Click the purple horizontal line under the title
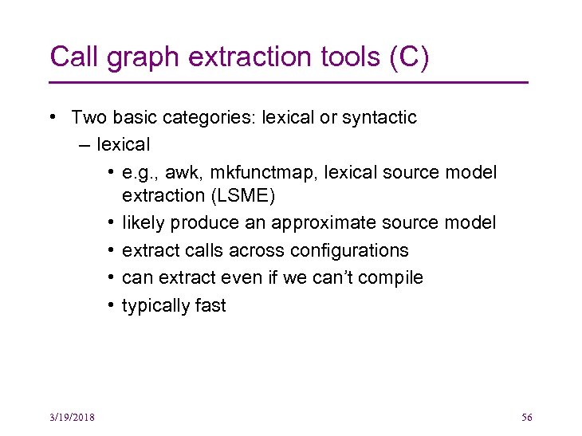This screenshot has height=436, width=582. click(289, 82)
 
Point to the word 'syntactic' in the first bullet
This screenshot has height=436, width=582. click(379, 118)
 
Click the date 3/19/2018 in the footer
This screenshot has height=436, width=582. click(71, 418)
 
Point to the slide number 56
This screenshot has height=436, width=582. click(526, 418)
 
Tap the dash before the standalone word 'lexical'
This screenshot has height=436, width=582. click(85, 145)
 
